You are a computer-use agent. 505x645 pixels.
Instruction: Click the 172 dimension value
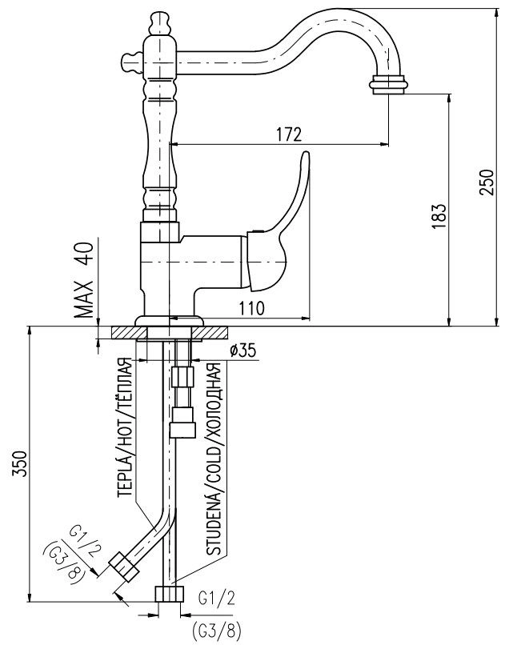tap(288, 134)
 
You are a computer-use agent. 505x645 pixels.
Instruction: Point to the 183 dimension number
tap(439, 216)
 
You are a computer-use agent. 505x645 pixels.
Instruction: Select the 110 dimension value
tap(251, 307)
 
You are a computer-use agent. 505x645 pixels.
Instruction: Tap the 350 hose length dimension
tap(21, 463)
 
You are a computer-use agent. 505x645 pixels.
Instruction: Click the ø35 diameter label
tap(242, 350)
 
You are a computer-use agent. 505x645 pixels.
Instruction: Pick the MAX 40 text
tap(84, 279)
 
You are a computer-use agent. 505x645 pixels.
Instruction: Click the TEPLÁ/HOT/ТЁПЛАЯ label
tap(124, 428)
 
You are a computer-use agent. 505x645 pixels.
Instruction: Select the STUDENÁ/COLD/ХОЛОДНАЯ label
tap(214, 459)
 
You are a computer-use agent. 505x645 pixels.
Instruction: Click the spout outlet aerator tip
tap(389, 85)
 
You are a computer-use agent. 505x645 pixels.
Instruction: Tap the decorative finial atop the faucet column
tap(160, 24)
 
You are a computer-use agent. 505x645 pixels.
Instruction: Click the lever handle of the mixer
tap(278, 222)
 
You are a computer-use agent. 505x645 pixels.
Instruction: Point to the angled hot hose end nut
tap(123, 567)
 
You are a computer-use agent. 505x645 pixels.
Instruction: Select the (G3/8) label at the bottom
tap(216, 630)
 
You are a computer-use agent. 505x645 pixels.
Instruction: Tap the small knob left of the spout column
tap(131, 62)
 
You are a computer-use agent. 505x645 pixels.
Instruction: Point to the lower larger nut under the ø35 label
tap(182, 423)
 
